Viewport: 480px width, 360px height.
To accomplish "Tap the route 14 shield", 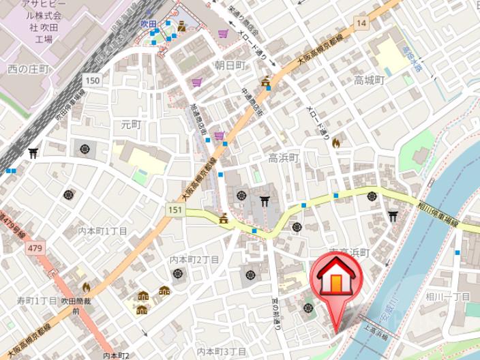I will [x=361, y=24].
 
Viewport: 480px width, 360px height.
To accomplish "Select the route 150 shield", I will [x=92, y=80].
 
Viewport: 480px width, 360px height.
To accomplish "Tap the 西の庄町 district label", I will [x=29, y=69].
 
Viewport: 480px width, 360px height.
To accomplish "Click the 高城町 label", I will [x=369, y=80].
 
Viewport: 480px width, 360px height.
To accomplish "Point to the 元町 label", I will [x=130, y=124].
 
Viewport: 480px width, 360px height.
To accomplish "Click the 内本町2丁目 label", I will [x=194, y=260].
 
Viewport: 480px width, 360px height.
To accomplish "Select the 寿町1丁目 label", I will [x=37, y=301].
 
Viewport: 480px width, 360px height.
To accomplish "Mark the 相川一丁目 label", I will [x=448, y=297].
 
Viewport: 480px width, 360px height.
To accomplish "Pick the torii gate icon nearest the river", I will [x=393, y=216].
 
